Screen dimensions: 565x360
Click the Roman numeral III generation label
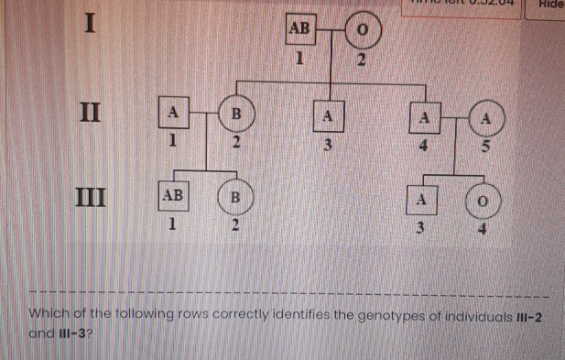(x=90, y=195)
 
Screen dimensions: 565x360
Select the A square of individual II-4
(x=423, y=116)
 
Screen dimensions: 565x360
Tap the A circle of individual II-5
(x=486, y=118)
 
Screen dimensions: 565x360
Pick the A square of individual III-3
(x=421, y=200)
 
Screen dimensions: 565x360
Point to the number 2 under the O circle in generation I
(x=361, y=60)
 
